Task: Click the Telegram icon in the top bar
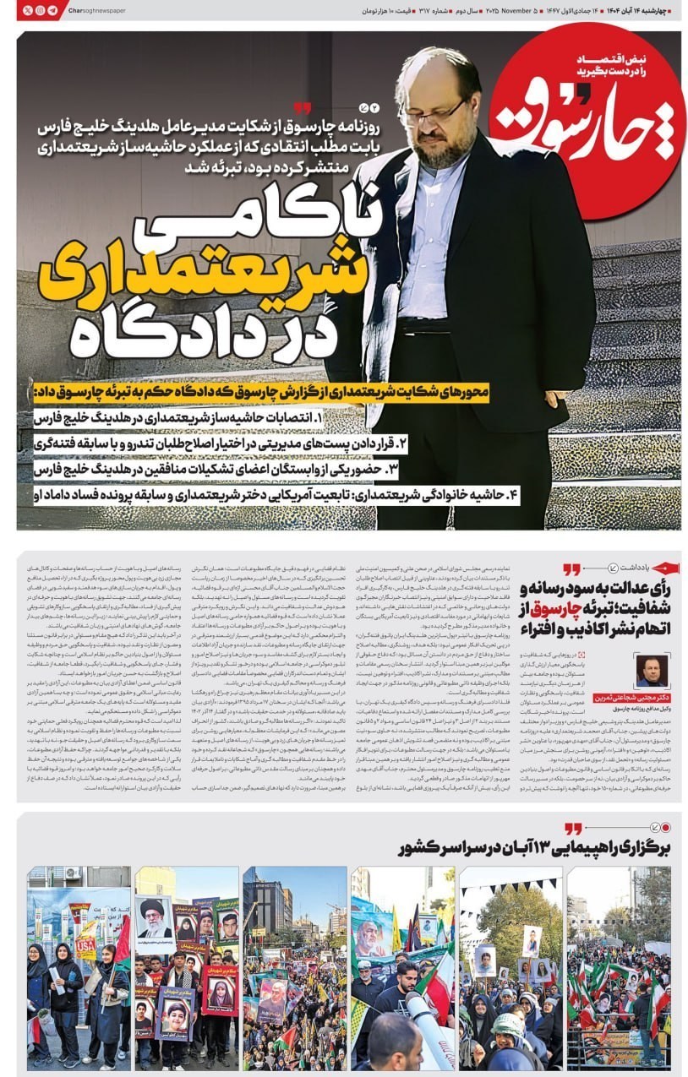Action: [x=53, y=10]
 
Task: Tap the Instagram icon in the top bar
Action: [x=40, y=10]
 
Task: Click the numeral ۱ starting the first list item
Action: [x=318, y=417]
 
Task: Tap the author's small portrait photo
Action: [x=653, y=670]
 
